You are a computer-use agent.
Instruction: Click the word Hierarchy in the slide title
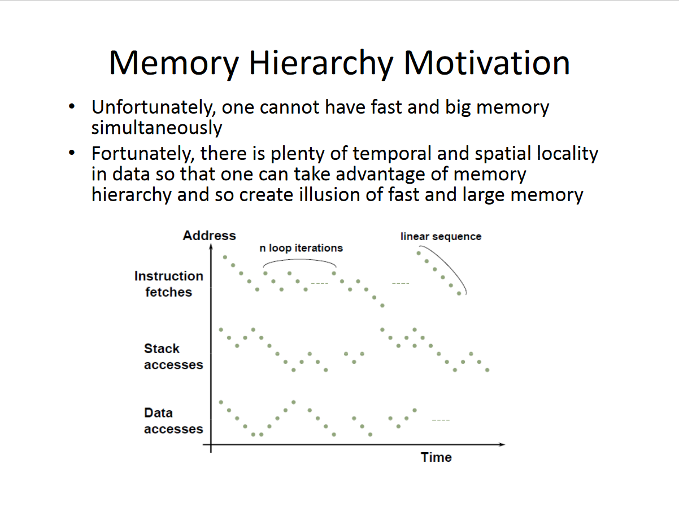pos(321,64)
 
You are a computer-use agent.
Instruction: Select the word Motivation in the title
pos(486,63)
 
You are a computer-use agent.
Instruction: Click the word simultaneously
pos(156,128)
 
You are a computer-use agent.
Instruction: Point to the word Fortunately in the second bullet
pos(143,154)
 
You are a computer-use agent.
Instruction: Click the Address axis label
pos(210,236)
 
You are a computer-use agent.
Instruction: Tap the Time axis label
pos(436,457)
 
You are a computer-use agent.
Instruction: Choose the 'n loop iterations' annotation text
pos(301,248)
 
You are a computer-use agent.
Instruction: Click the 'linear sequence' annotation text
pos(441,237)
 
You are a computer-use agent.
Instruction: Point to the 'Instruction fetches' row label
pos(169,284)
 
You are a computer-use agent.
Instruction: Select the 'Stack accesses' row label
pos(173,357)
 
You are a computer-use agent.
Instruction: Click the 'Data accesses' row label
pos(173,421)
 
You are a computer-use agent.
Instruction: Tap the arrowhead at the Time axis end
pos(502,445)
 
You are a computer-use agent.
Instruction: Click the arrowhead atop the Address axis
pos(211,246)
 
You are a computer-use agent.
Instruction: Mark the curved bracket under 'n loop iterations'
pos(299,259)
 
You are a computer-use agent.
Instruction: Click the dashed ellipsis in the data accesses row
pos(441,420)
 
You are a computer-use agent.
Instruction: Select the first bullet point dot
pos(72,107)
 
